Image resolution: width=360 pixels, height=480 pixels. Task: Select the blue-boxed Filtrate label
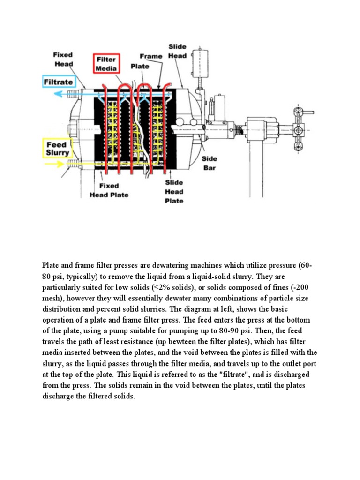[58, 82]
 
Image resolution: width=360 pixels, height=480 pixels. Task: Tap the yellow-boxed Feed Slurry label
[57, 149]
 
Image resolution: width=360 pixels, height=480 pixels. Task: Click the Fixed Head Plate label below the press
[108, 190]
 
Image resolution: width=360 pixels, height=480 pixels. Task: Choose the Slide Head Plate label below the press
[174, 191]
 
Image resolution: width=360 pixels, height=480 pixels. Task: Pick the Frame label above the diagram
[150, 56]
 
